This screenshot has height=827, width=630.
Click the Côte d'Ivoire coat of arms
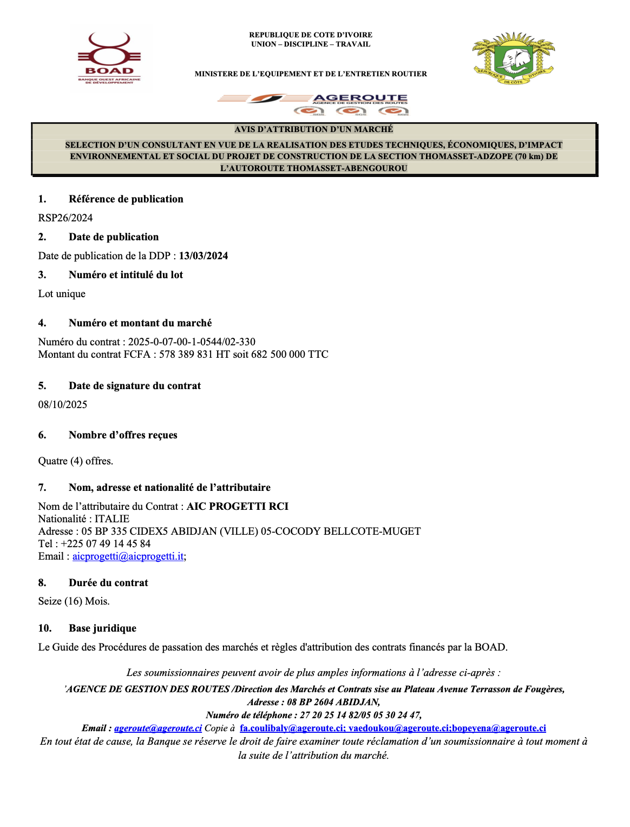point(513,58)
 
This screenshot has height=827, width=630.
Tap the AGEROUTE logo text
point(360,99)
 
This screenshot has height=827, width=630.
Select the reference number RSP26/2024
point(65,218)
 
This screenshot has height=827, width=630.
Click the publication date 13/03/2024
point(204,256)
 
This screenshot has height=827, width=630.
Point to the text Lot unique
point(62,294)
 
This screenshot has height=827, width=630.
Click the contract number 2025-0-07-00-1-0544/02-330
point(192,342)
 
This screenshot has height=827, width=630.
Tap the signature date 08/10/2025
point(63,405)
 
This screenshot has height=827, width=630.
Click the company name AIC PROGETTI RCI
point(238,507)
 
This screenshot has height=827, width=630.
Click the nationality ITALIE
point(112,519)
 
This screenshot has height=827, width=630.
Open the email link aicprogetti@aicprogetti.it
point(128,556)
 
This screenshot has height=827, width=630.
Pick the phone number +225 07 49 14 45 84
point(106,544)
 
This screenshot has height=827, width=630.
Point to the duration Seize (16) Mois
point(74,601)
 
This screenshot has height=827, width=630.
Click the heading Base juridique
point(102,628)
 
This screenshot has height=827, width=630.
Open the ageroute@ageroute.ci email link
point(158,728)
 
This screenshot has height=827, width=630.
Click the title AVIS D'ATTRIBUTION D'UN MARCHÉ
point(314,129)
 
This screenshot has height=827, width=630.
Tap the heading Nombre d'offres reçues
point(123,435)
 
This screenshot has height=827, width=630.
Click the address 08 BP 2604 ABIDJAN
point(333,703)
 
